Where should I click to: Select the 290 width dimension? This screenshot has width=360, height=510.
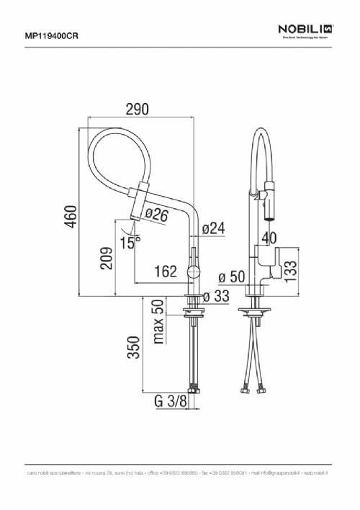137,109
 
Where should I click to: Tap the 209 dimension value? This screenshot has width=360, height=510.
106,257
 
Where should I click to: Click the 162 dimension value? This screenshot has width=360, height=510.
166,272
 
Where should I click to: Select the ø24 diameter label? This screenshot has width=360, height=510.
214,228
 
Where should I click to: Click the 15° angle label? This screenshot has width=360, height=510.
130,243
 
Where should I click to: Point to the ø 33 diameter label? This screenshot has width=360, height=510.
216,296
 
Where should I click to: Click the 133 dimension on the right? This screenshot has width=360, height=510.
291,271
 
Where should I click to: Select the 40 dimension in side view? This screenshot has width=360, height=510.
270,238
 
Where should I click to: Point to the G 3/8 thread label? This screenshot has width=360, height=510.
170,402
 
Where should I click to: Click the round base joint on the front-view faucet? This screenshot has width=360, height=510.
193,272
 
